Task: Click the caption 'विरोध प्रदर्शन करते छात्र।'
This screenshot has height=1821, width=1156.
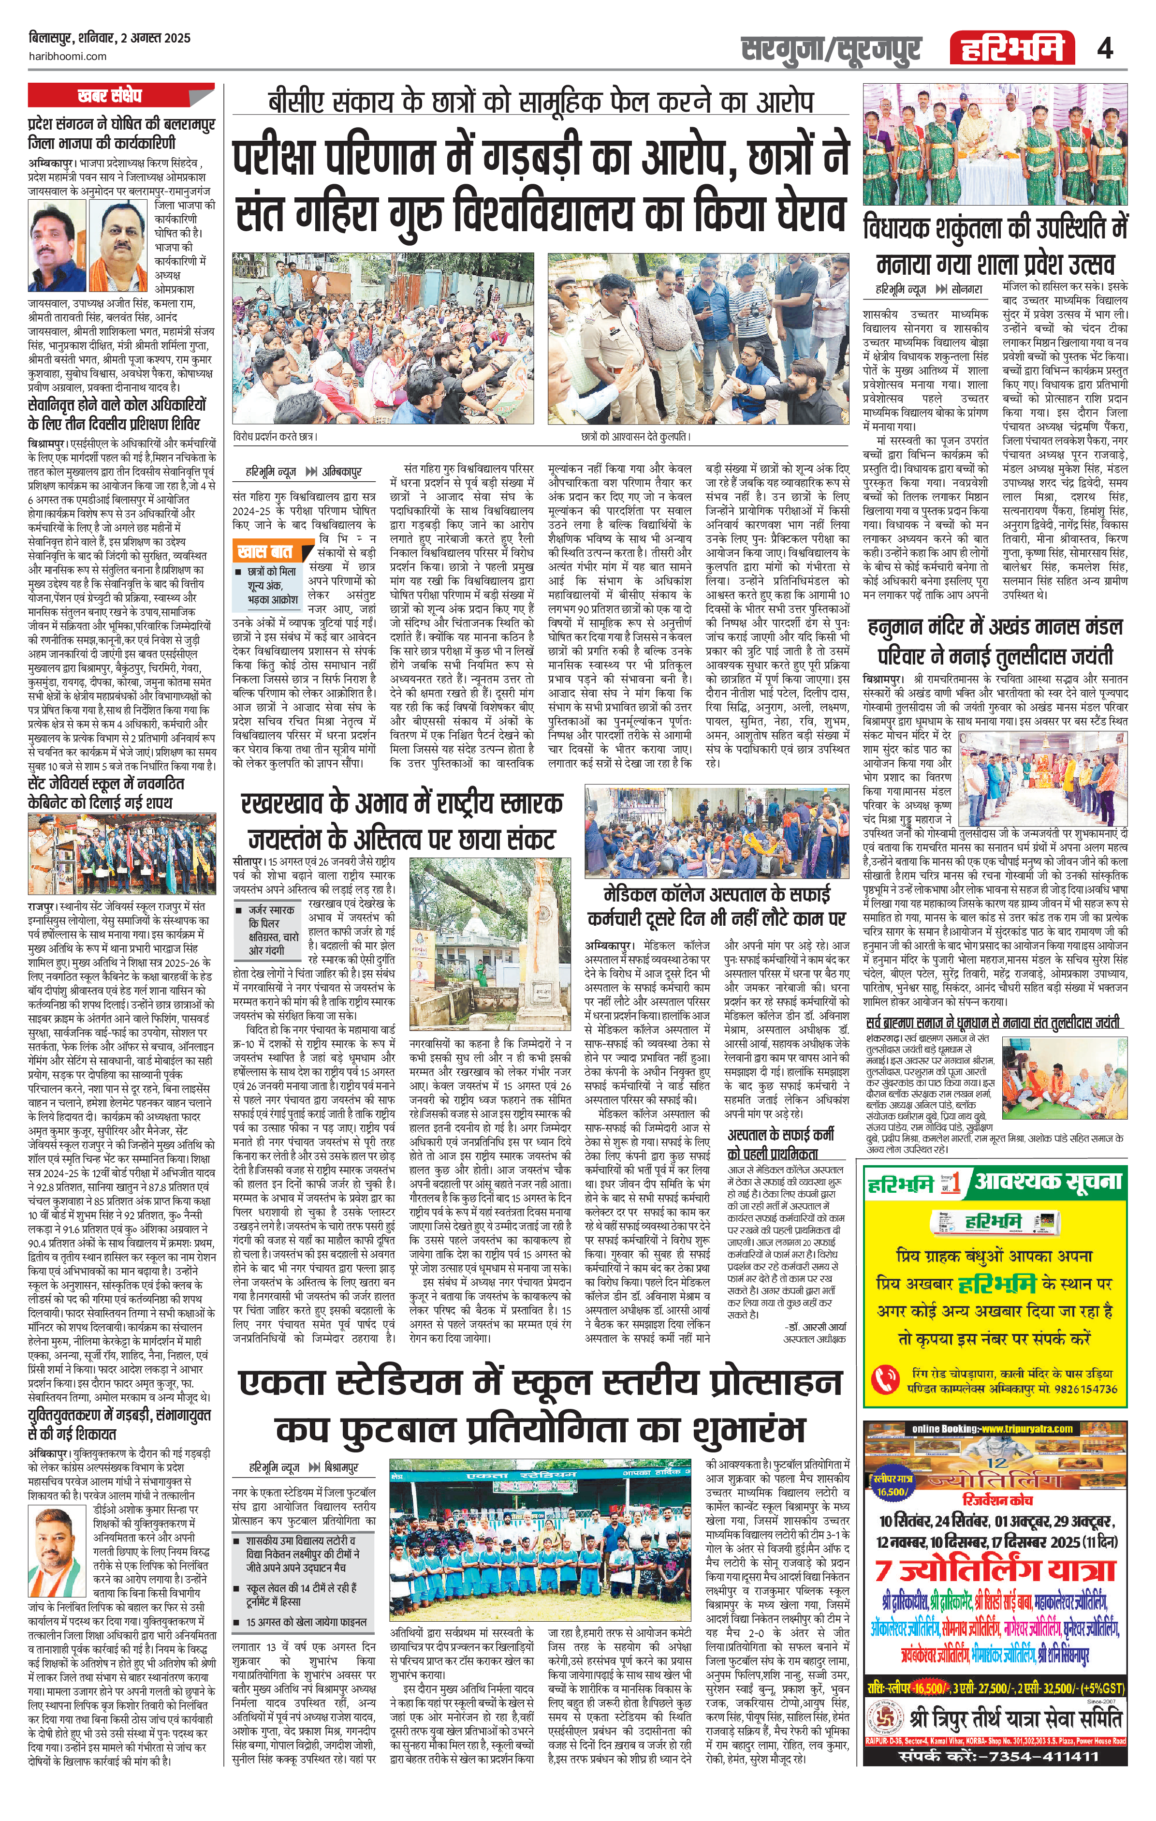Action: pyautogui.click(x=275, y=436)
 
